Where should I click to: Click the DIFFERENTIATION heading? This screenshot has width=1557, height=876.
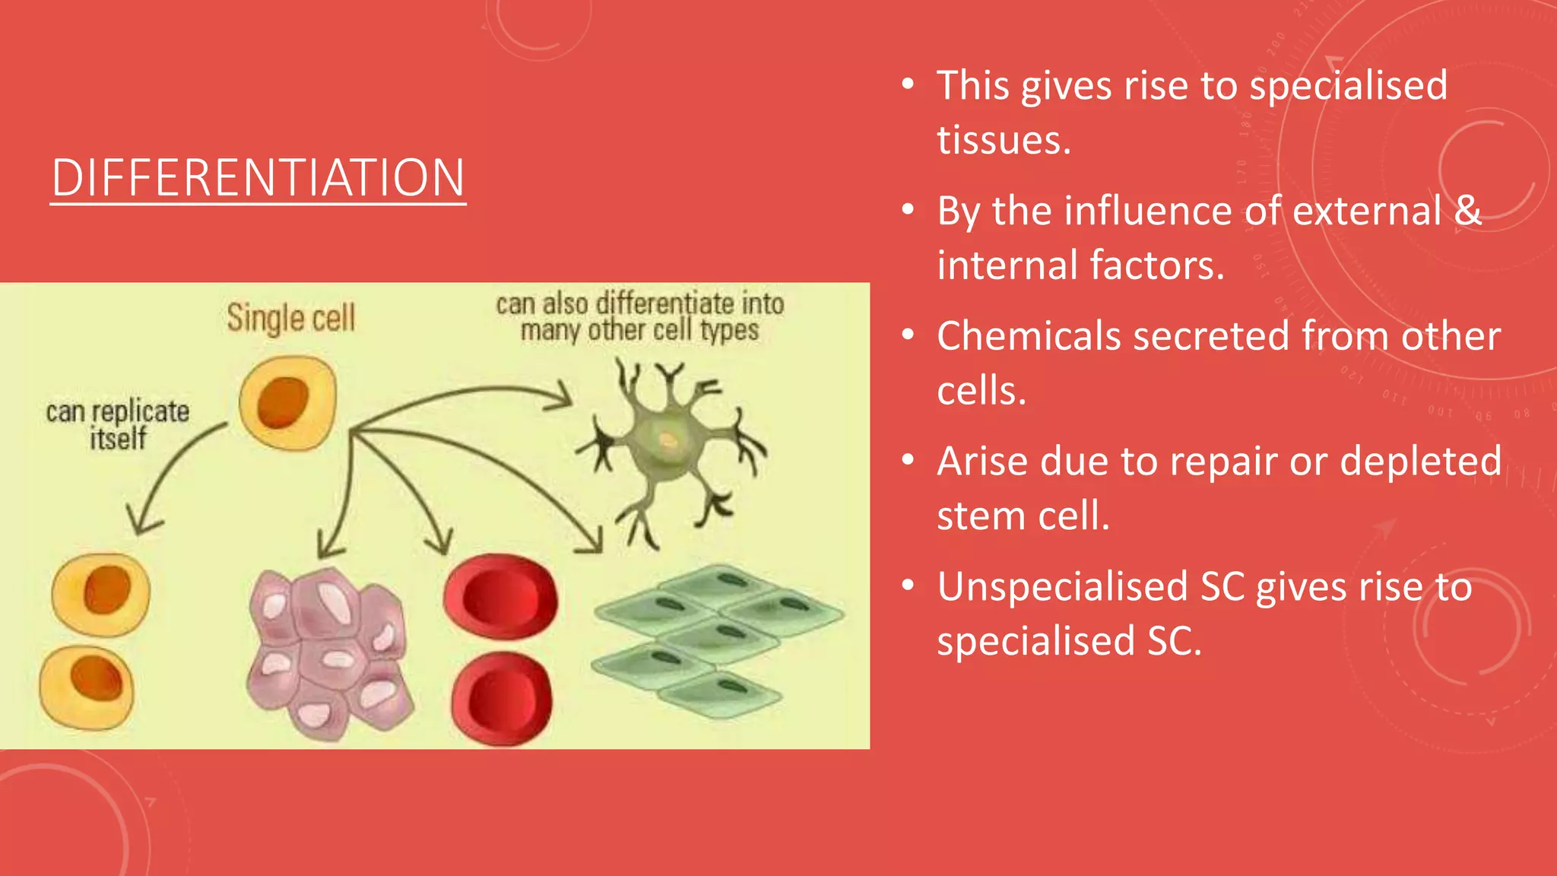(258, 178)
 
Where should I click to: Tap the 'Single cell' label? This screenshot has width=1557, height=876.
(290, 318)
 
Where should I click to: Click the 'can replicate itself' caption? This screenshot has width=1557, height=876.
(117, 424)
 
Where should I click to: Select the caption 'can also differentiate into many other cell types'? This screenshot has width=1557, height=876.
(639, 316)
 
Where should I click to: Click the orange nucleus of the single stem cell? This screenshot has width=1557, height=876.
(282, 403)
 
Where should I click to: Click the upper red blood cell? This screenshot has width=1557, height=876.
(500, 597)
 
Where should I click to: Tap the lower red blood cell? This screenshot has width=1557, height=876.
(502, 698)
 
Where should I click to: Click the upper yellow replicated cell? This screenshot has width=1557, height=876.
(101, 593)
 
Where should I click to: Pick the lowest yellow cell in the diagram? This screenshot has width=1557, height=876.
(87, 687)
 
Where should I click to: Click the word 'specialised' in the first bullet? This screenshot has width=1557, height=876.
(1348, 85)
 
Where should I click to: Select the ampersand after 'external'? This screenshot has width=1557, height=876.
(1467, 210)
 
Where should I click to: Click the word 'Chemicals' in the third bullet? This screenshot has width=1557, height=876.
(1029, 335)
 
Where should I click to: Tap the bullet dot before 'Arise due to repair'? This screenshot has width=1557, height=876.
(908, 460)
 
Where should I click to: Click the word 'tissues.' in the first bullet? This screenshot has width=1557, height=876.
(1004, 140)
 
